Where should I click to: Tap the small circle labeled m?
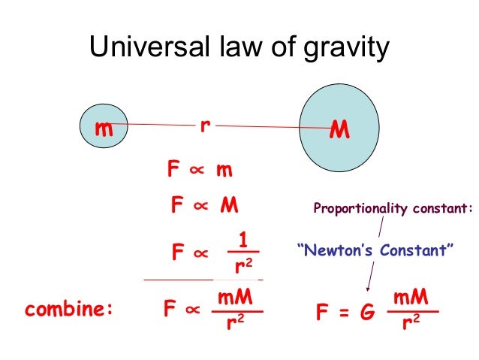104,129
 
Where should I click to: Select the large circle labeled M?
340,129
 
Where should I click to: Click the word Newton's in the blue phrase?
341,249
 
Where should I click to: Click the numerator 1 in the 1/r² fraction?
242,240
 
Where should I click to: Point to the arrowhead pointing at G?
367,289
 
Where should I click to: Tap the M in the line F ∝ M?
228,206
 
